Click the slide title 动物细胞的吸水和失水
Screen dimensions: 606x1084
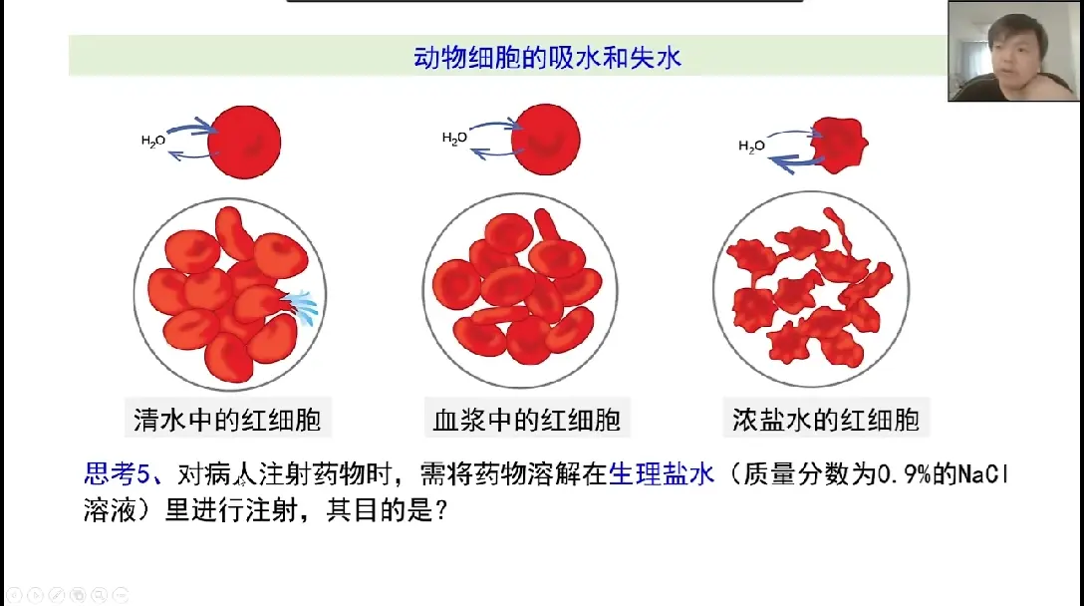[x=547, y=58]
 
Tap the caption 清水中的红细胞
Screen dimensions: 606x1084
[x=227, y=418]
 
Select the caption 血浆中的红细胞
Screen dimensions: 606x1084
[x=527, y=418]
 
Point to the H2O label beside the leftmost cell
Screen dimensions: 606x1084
[x=153, y=142]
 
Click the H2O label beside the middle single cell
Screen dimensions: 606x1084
[x=454, y=139]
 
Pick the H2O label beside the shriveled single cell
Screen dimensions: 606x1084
[x=751, y=147]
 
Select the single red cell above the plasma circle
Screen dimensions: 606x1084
[x=544, y=137]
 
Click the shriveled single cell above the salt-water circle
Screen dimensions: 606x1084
[x=839, y=145]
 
